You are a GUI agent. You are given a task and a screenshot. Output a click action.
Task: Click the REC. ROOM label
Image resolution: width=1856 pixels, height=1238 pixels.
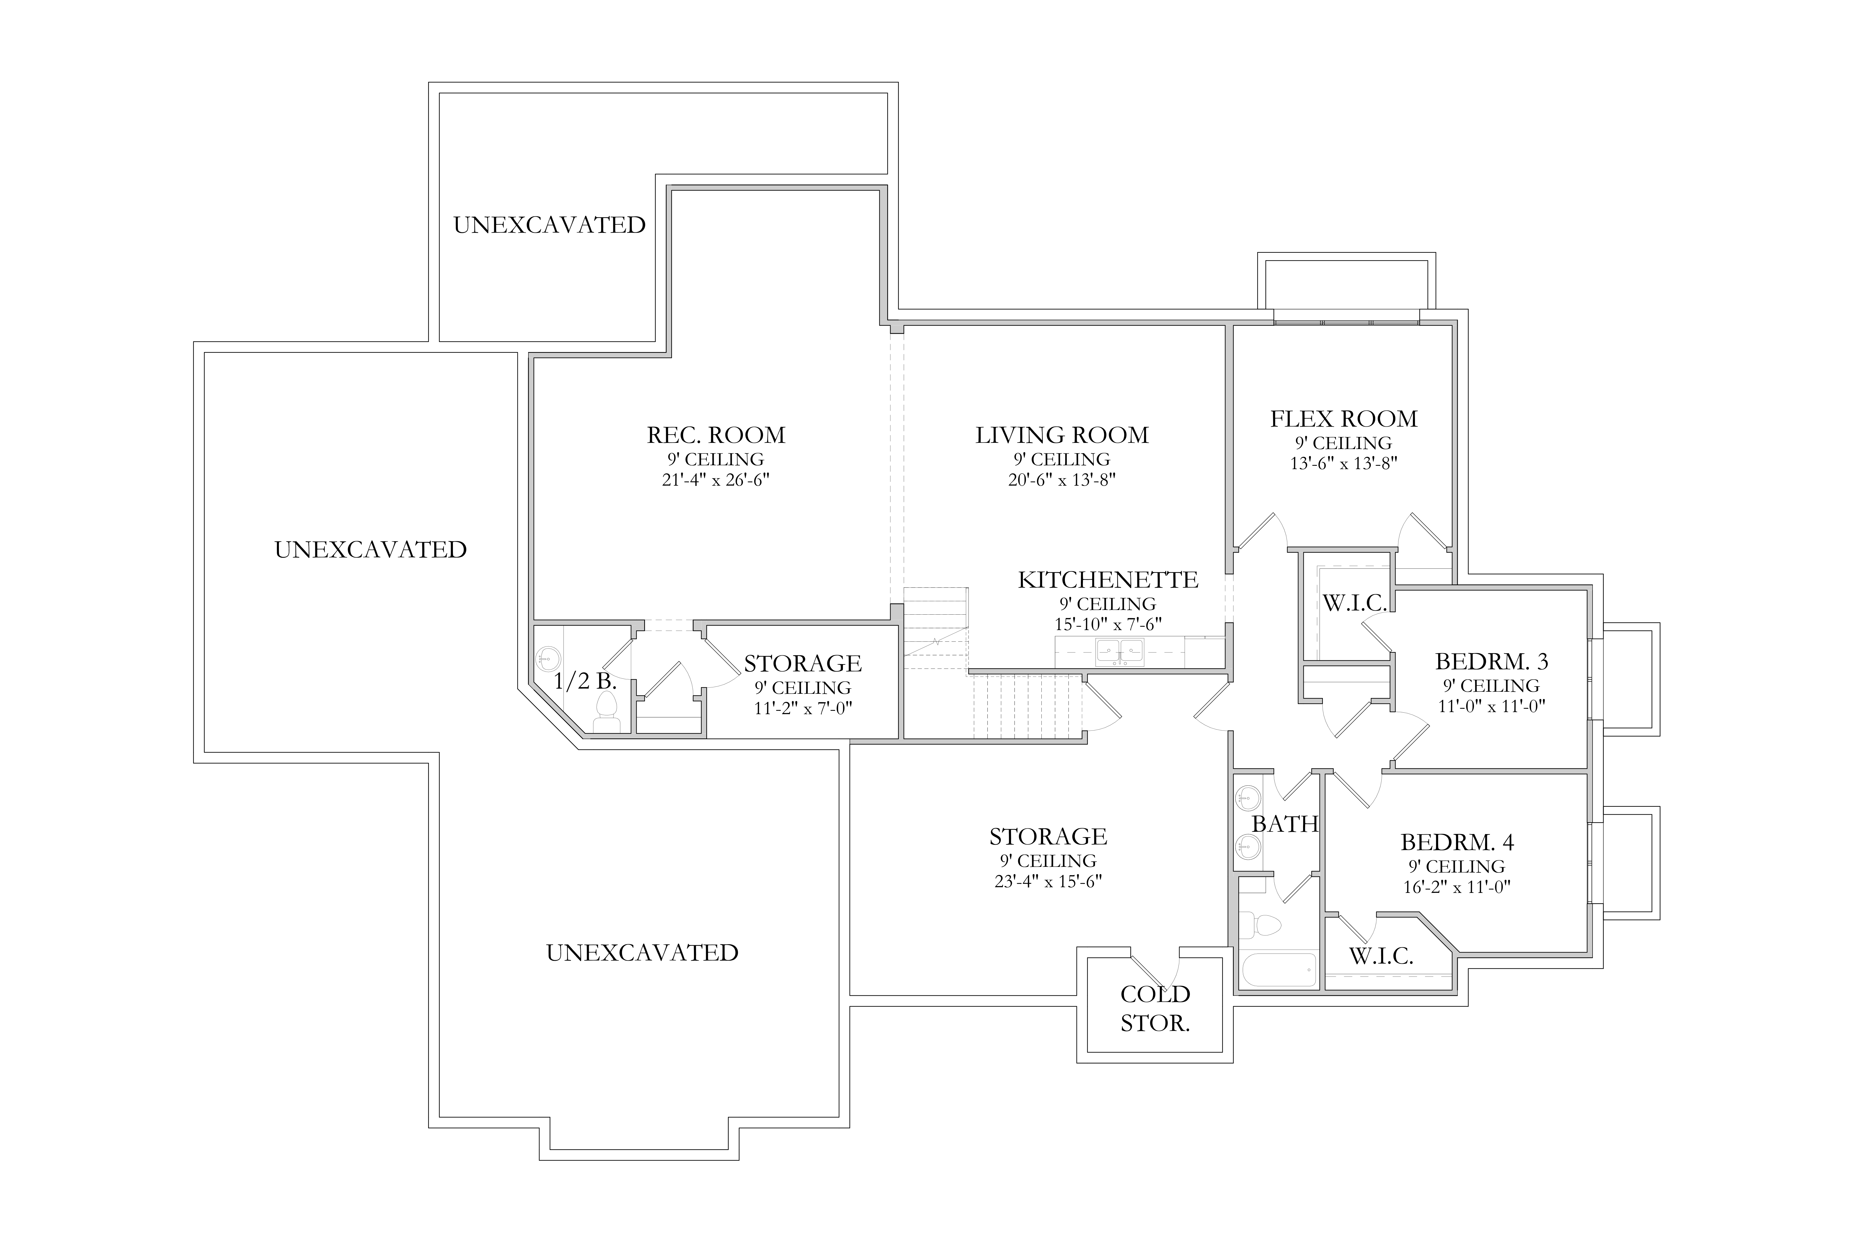(716, 435)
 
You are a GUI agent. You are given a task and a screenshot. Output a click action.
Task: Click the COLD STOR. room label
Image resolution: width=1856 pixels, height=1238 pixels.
(1155, 1008)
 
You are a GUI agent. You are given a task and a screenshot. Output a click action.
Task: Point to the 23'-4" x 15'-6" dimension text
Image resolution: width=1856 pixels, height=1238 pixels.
(1048, 880)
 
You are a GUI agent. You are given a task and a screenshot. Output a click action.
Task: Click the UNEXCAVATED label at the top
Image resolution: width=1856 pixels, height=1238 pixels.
(549, 225)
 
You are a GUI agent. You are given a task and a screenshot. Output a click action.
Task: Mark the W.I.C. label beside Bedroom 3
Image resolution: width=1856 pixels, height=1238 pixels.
(1354, 603)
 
